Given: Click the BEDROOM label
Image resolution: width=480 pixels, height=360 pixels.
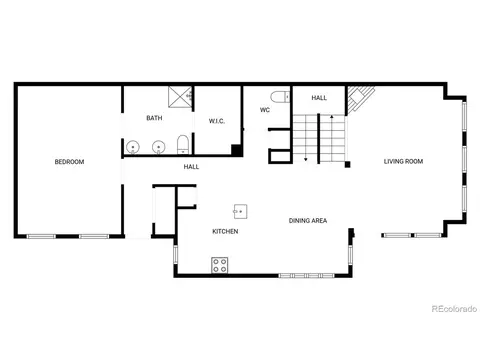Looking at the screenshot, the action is click(69, 162).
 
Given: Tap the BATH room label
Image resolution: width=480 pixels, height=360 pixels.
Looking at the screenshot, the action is click(154, 118).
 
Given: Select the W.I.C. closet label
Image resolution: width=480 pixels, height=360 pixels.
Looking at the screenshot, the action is click(217, 121).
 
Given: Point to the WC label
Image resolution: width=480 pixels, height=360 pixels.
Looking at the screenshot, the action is click(265, 110).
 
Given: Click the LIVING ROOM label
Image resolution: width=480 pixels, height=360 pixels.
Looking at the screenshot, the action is click(403, 161).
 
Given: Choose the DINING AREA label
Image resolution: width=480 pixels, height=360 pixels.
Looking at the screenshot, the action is click(308, 220).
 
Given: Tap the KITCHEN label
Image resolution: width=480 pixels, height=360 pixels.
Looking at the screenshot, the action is click(225, 231).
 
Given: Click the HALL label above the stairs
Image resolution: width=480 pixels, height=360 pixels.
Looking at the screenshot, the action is click(319, 98).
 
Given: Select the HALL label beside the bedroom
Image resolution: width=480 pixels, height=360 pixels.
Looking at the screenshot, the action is click(191, 167).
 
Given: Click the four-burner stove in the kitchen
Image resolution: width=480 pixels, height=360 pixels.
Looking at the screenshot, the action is click(220, 265).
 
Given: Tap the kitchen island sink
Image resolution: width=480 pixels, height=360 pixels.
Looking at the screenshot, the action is click(240, 211).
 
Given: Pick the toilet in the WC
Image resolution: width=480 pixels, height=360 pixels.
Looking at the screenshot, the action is click(280, 97).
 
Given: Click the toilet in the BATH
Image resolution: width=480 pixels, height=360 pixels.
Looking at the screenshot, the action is click(183, 144).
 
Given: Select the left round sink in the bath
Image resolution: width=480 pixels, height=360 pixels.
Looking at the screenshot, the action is click(133, 147).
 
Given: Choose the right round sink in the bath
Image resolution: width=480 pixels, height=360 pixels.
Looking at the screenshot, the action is click(159, 147).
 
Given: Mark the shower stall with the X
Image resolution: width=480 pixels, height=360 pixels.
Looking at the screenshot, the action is click(180, 97).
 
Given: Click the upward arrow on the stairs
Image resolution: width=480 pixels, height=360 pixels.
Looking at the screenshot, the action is click(332, 137).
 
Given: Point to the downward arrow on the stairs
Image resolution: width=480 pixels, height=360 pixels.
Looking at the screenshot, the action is click(306, 138).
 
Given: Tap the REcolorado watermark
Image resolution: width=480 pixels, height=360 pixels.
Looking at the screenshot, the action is click(454, 309).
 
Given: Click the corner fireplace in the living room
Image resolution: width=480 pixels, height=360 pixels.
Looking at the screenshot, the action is click(359, 98).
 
